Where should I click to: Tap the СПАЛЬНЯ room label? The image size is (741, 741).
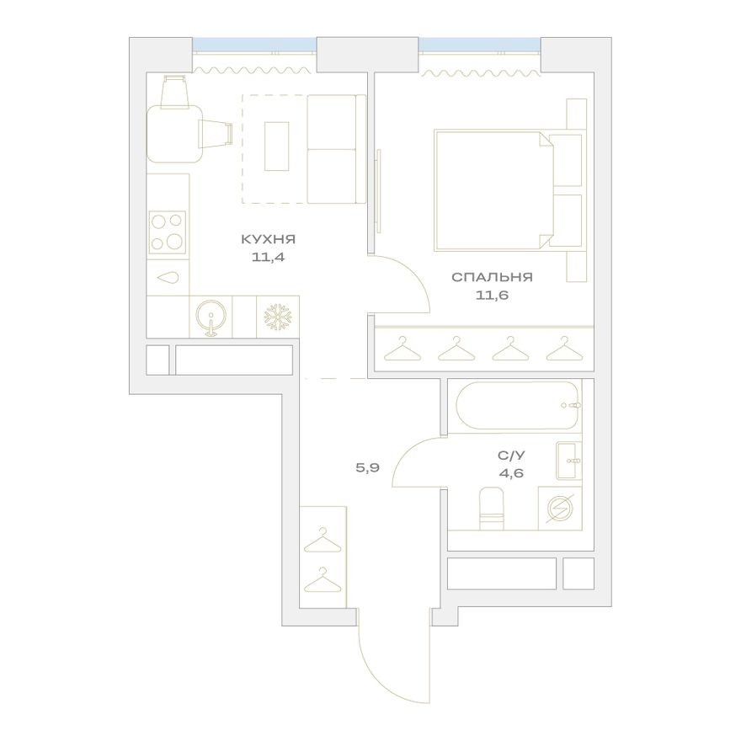click(x=492, y=276)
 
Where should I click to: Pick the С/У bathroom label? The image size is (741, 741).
click(x=509, y=456)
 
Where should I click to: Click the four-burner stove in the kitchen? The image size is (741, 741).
click(x=168, y=232)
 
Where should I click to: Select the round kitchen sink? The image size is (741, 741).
click(x=209, y=317)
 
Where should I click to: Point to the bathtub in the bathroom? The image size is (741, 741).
click(x=514, y=408)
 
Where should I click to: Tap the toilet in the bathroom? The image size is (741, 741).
click(x=490, y=509)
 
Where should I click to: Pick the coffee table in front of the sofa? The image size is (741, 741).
click(x=277, y=147)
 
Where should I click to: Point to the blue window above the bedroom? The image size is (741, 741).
click(x=480, y=44)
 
